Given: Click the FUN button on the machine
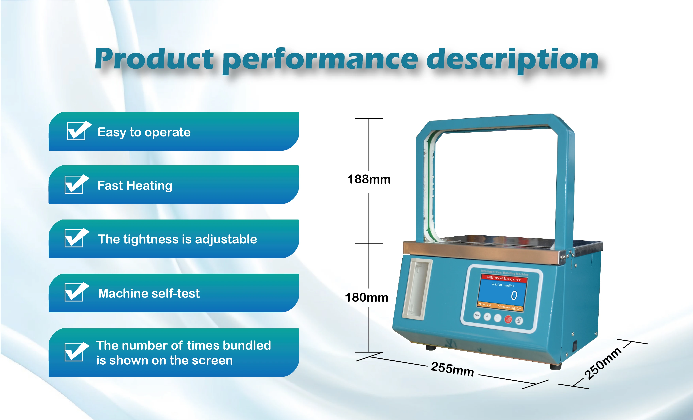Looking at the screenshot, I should (477, 316).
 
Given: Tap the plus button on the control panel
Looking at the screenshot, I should (487, 317).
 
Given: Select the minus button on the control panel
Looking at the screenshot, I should (498, 318).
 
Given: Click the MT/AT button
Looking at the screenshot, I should (519, 320).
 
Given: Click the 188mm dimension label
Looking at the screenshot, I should (369, 179).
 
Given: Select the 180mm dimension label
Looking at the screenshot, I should (366, 298).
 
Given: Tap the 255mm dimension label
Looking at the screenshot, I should (452, 369).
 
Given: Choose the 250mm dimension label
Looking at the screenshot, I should (603, 363).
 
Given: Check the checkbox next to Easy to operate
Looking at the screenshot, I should (76, 131).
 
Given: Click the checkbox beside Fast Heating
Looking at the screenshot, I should (74, 185).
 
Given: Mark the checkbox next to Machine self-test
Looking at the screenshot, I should (74, 292).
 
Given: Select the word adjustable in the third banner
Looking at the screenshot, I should (226, 239).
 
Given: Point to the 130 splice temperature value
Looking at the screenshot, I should (516, 308).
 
